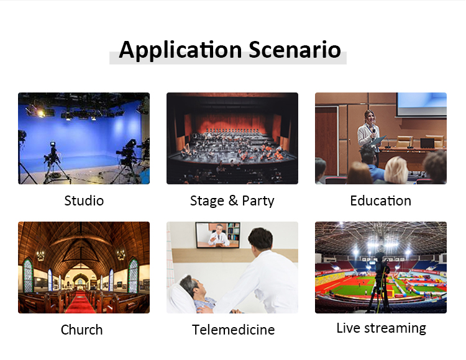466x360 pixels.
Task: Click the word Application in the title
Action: click(x=180, y=50)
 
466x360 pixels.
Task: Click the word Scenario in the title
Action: click(x=295, y=49)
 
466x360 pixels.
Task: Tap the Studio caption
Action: click(x=84, y=201)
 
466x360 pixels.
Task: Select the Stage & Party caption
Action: click(x=232, y=201)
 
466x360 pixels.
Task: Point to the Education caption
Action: click(x=381, y=200)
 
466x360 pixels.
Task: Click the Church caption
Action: click(x=82, y=330)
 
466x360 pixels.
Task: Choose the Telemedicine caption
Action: click(x=233, y=330)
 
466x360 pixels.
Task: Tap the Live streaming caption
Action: click(x=381, y=328)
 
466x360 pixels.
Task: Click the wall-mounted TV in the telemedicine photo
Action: click(x=218, y=235)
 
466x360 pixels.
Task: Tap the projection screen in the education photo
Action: click(x=422, y=104)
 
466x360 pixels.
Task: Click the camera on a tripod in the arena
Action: click(x=380, y=263)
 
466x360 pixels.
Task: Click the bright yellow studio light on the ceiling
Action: click(x=40, y=113)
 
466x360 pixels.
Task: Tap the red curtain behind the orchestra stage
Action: click(x=232, y=122)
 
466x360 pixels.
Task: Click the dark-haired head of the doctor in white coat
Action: click(x=260, y=238)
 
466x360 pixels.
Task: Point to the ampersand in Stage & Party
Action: click(x=233, y=200)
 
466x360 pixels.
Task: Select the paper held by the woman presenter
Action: click(x=378, y=140)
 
